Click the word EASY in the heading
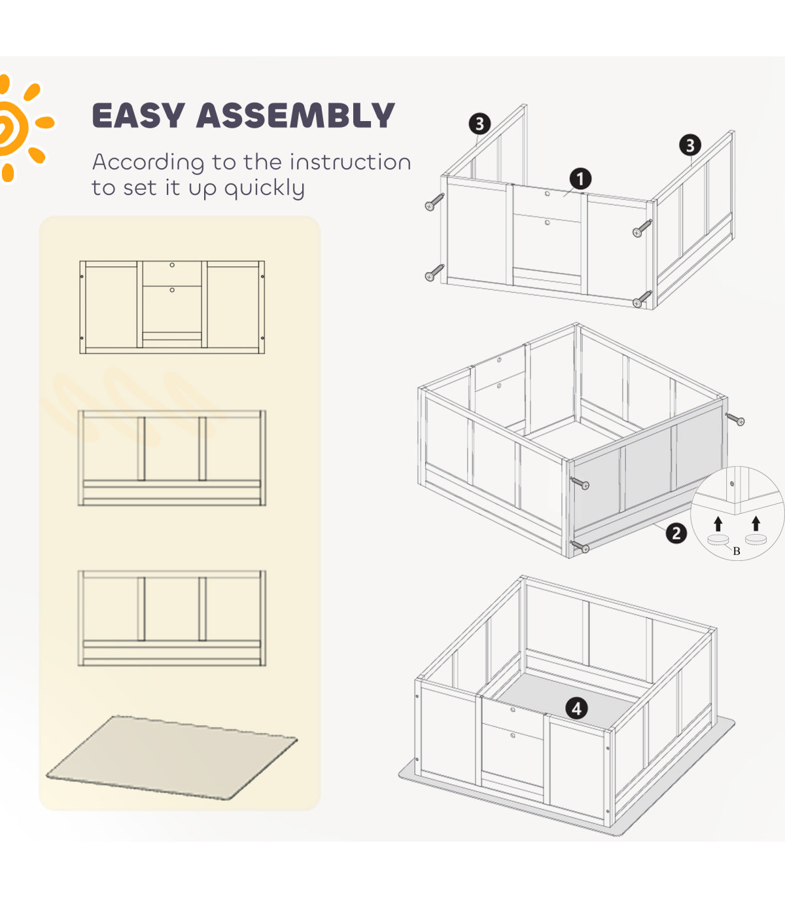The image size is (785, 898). tap(138, 116)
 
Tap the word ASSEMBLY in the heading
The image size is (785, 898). tap(295, 116)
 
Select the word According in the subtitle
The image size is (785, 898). tap(139, 163)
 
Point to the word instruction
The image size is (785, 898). tap(350, 162)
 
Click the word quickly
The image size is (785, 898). tap(264, 189)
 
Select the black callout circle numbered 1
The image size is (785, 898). tap(580, 179)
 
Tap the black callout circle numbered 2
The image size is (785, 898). tap(676, 533)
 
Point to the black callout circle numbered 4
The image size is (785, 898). tap(576, 708)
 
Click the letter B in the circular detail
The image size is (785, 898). tap(737, 551)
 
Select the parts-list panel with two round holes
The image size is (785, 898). tap(172, 308)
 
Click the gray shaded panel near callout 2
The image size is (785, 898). tap(648, 471)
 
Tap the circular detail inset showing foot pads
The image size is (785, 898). tap(737, 513)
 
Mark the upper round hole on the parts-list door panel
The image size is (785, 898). tap(172, 265)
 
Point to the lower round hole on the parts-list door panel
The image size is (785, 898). tap(172, 290)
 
